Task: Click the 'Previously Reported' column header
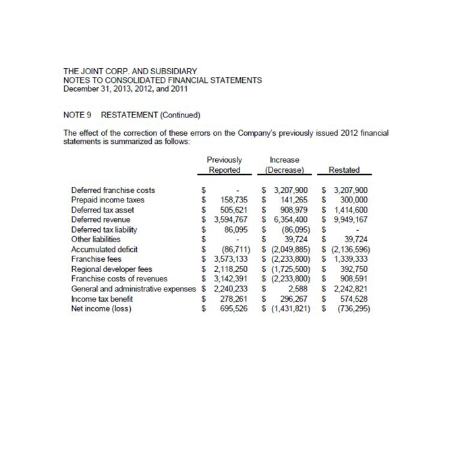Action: pyautogui.click(x=224, y=165)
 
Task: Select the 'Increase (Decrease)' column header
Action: pyautogui.click(x=284, y=165)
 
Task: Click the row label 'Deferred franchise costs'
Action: pyautogui.click(x=113, y=190)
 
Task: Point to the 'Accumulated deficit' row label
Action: pyautogui.click(x=104, y=249)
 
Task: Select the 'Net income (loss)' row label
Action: pyautogui.click(x=101, y=308)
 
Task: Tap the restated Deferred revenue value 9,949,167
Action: pyautogui.click(x=348, y=219)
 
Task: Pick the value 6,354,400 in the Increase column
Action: pyautogui.click(x=289, y=219)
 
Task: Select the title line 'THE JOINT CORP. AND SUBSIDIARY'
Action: pyautogui.click(x=130, y=71)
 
